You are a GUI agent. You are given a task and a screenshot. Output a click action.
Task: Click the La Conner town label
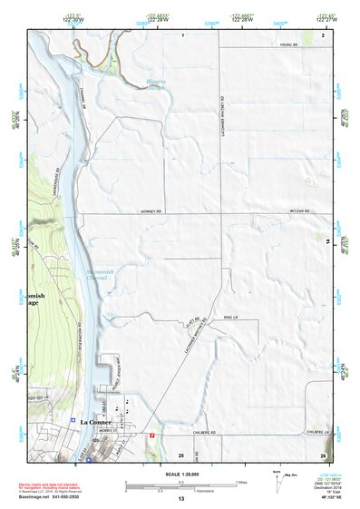click(x=95, y=422)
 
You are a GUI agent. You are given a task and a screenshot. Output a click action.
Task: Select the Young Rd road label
click(x=287, y=44)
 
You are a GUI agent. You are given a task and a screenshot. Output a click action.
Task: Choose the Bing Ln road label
click(x=228, y=318)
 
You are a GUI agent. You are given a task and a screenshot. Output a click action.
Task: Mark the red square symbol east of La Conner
click(x=151, y=436)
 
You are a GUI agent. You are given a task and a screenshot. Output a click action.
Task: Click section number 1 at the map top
click(x=182, y=34)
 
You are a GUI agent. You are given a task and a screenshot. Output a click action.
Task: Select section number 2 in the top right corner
click(x=322, y=34)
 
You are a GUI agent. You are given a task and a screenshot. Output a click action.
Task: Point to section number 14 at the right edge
click(x=327, y=241)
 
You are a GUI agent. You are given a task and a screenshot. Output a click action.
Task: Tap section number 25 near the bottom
click(x=180, y=455)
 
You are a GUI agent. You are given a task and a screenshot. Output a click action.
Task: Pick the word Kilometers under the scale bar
click(x=181, y=491)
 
